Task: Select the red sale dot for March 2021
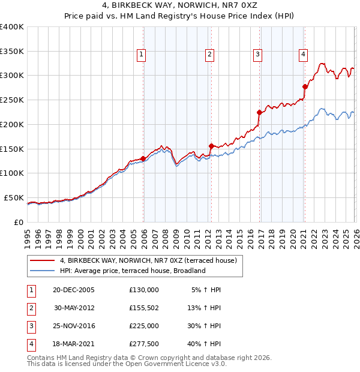pos(305,86)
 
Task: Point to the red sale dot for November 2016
pos(259,112)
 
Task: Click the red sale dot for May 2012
pos(211,146)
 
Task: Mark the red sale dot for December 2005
pos(143,158)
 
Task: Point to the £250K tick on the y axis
pos(12,100)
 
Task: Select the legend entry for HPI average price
pos(133,271)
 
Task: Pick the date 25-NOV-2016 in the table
pos(74,326)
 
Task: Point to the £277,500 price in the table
pos(144,344)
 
